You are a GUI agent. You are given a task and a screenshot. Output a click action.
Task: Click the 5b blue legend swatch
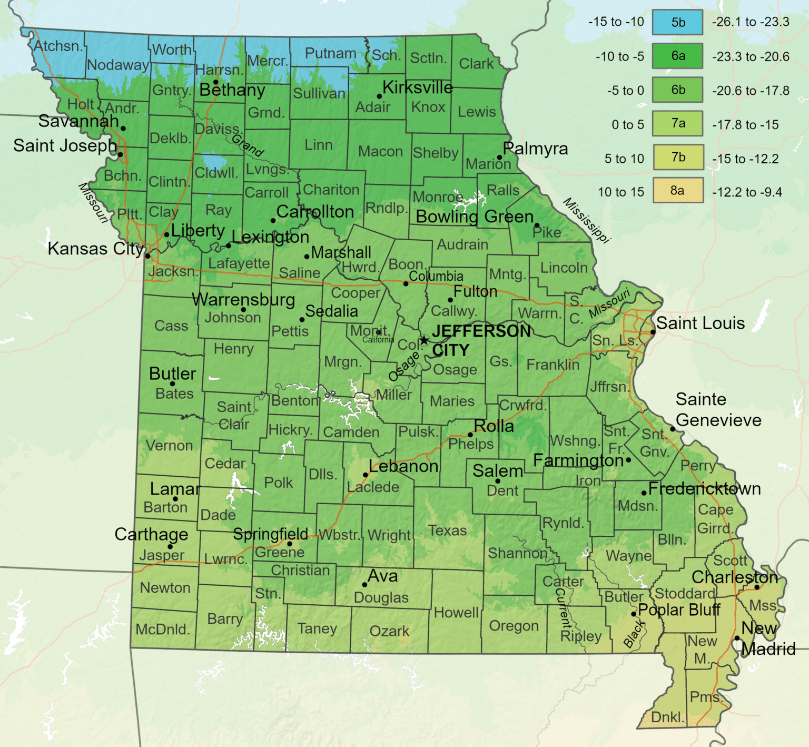tap(677, 23)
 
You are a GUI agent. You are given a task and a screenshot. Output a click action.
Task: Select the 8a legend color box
tap(677, 191)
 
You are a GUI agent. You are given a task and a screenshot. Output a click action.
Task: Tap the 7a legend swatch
tap(677, 124)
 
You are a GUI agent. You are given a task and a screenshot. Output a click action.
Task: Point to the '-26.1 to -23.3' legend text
tap(751, 22)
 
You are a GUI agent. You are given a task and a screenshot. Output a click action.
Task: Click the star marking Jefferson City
tap(424, 340)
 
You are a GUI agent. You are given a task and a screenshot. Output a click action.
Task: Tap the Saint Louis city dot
tap(653, 332)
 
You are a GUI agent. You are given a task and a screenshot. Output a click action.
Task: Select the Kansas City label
tap(95, 249)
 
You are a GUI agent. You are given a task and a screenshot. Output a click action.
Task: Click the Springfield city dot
tap(289, 544)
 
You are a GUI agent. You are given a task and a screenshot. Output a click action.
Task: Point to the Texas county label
tap(447, 530)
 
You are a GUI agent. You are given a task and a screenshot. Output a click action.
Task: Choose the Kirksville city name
tap(417, 87)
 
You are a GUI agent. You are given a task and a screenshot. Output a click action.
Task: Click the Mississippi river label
tap(586, 220)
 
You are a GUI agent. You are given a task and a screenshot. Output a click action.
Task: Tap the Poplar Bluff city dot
tap(634, 614)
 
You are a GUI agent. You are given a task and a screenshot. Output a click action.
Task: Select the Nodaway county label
tap(118, 65)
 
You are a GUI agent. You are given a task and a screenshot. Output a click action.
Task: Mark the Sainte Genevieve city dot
tap(672, 429)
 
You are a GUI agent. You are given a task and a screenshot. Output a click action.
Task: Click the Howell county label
tap(456, 613)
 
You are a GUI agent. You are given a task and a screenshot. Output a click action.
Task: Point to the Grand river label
tap(248, 145)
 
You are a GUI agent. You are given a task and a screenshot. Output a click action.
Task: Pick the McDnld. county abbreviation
tap(162, 630)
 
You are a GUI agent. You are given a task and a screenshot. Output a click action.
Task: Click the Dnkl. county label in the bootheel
tap(667, 717)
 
